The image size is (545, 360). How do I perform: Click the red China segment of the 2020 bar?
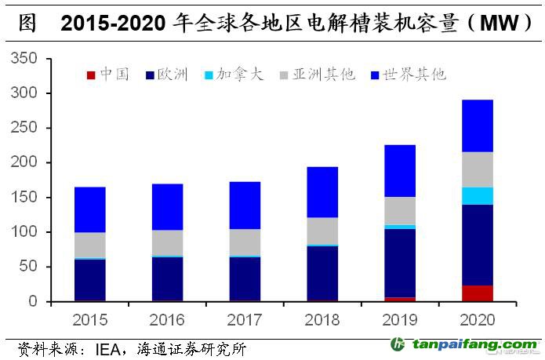(x=477, y=293)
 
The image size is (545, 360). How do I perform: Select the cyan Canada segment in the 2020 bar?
(x=477, y=196)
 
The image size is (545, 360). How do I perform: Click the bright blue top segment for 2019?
(x=400, y=171)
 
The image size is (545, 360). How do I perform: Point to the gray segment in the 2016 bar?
(x=167, y=242)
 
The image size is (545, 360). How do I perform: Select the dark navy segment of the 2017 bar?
(x=245, y=278)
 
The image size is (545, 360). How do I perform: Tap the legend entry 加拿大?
(x=234, y=75)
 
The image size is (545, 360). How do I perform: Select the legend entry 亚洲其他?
(x=315, y=75)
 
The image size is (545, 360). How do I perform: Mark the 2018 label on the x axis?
(x=322, y=321)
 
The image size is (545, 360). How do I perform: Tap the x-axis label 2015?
(x=90, y=321)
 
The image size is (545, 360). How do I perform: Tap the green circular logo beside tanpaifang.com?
(x=398, y=345)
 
